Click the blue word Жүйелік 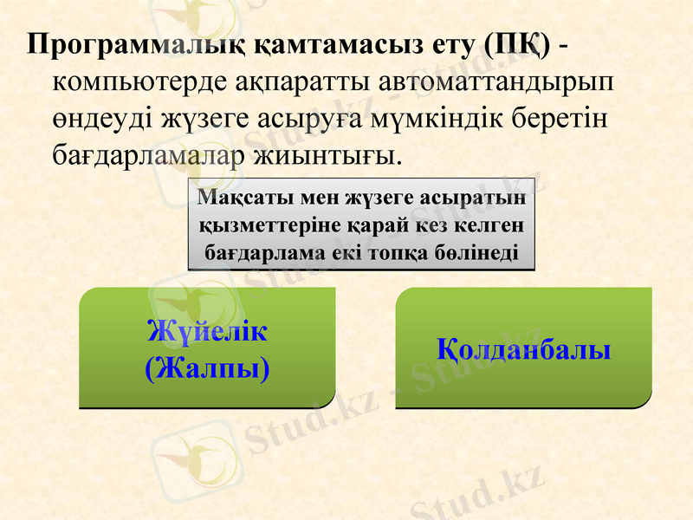pos(207,331)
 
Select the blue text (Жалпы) pos(207,367)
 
